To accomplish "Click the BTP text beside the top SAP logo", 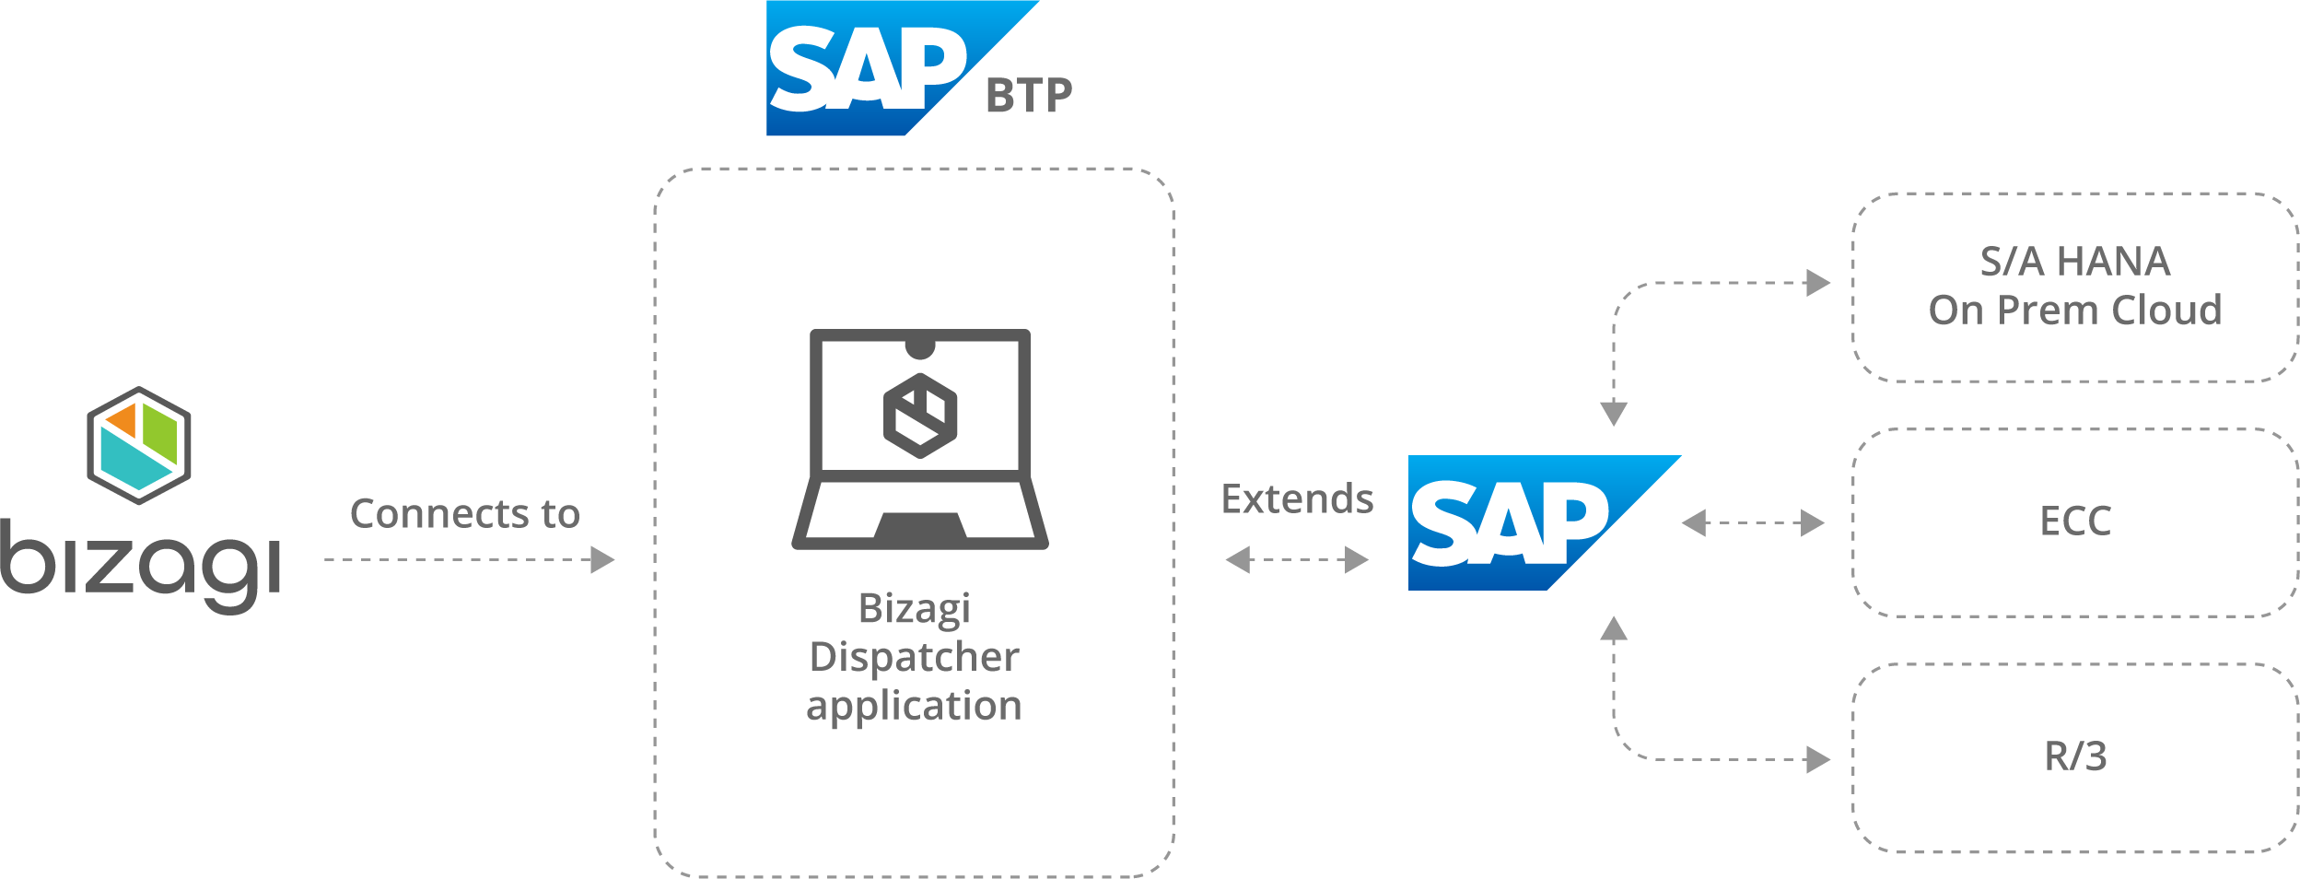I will pyautogui.click(x=1029, y=96).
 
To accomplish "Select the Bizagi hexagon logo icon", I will pyautogui.click(x=139, y=446).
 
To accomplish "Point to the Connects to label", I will pyautogui.click(x=465, y=514).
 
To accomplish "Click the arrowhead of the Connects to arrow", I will pyautogui.click(x=602, y=559).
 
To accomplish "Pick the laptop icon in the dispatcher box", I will pyautogui.click(x=919, y=439).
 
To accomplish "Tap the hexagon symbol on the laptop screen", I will pyautogui.click(x=919, y=416).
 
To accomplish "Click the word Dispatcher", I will pyautogui.click(x=914, y=657).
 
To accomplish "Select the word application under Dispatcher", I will pyautogui.click(x=914, y=706).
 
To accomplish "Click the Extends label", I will pyautogui.click(x=1297, y=499).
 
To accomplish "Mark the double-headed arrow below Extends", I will pyautogui.click(x=1297, y=559).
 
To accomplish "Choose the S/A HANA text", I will pyautogui.click(x=2075, y=262).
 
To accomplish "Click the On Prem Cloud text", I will pyautogui.click(x=2075, y=311).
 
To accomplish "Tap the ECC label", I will pyautogui.click(x=2075, y=522).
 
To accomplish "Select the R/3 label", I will pyautogui.click(x=2075, y=756).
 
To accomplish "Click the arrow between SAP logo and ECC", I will pyautogui.click(x=1753, y=523).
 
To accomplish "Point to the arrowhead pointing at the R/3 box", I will pyautogui.click(x=1818, y=760).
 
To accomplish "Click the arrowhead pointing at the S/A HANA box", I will pyautogui.click(x=1818, y=283).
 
